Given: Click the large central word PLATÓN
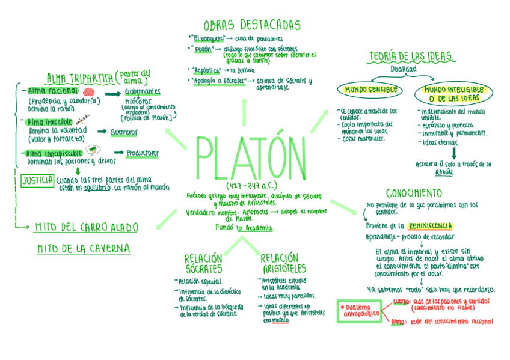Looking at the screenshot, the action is point(250,159).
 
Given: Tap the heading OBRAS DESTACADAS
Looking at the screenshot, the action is point(251,25).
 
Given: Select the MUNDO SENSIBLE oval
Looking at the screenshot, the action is point(369,90).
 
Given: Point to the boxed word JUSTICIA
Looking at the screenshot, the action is point(37,180).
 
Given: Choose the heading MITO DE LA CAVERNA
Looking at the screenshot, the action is point(84,249).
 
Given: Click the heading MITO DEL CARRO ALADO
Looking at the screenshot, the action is point(86,228).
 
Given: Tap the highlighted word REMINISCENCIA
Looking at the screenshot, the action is point(430,226).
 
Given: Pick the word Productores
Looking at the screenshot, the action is point(143,153).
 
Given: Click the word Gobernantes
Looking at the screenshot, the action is point(143,91).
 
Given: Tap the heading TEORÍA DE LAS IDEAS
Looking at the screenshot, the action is point(411,57).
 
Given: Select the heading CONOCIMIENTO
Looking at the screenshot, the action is point(414,194).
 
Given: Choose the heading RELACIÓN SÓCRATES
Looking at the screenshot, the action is point(203,264).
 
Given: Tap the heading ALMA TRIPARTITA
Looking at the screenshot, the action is point(80,78).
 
